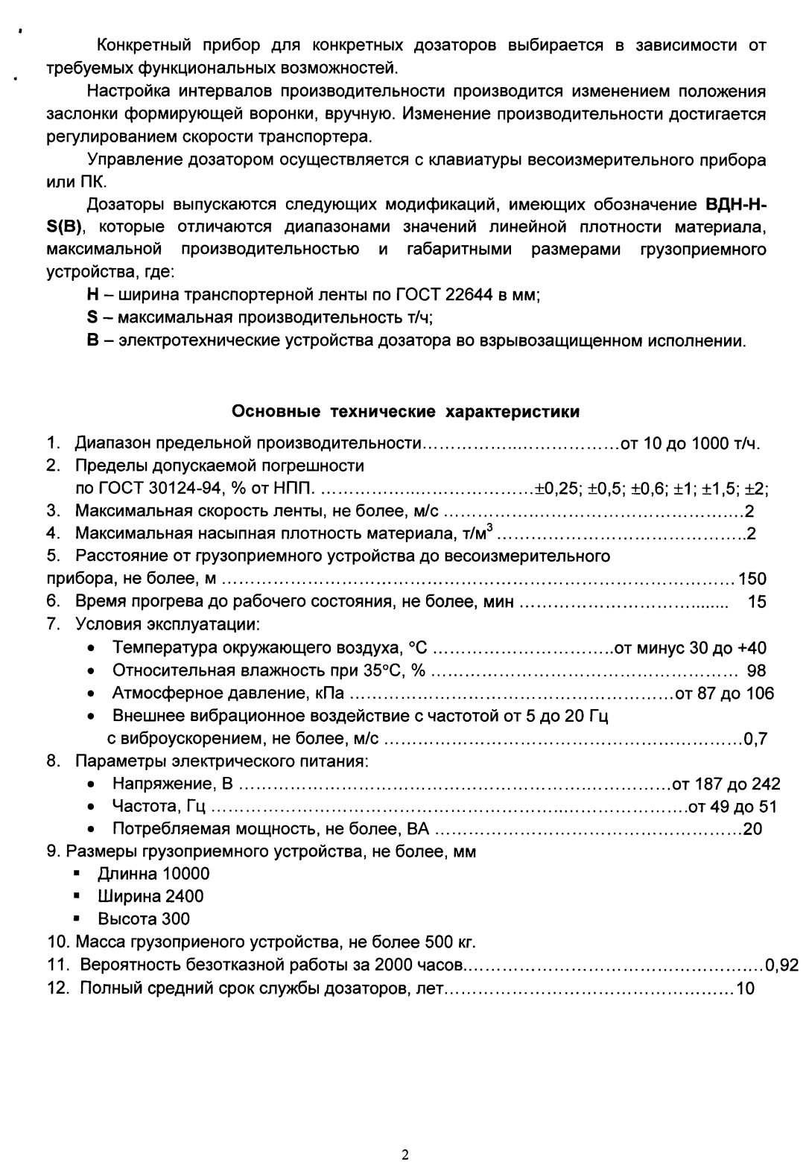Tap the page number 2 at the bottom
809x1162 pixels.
(404, 1134)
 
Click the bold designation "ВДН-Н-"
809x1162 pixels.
(735, 205)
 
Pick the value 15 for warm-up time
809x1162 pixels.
(756, 602)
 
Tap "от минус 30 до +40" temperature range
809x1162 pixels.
(690, 648)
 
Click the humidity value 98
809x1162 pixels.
(756, 670)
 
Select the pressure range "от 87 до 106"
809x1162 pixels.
(723, 693)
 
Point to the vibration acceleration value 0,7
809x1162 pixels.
(755, 740)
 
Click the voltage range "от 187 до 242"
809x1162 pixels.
(726, 784)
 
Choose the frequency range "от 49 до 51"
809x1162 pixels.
(732, 807)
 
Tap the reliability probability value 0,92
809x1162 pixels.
(782, 966)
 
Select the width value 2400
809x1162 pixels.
(185, 896)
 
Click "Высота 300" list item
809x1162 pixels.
(144, 919)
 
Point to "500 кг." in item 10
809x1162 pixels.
(449, 942)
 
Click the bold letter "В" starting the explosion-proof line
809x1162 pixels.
(92, 341)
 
